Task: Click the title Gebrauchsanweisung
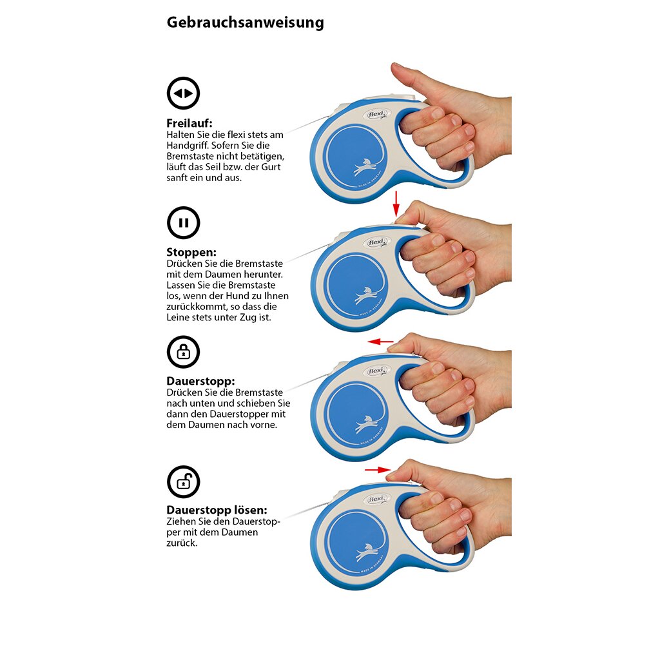pyautogui.click(x=246, y=23)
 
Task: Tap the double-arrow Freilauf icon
pyautogui.click(x=183, y=93)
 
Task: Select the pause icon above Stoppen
pyautogui.click(x=183, y=222)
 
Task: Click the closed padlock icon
pyautogui.click(x=183, y=352)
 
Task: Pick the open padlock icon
pyautogui.click(x=183, y=481)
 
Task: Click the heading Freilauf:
pyautogui.click(x=189, y=123)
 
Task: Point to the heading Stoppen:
pyautogui.click(x=191, y=252)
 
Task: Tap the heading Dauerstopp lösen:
pyautogui.click(x=217, y=510)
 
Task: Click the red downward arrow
pyautogui.click(x=396, y=203)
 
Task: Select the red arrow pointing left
pyautogui.click(x=380, y=342)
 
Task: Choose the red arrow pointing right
pyautogui.click(x=378, y=470)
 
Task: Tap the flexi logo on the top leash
pyautogui.click(x=376, y=114)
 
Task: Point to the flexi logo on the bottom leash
pyautogui.click(x=376, y=500)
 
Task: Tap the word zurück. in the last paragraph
pyautogui.click(x=182, y=543)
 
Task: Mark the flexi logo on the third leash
pyautogui.click(x=376, y=371)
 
